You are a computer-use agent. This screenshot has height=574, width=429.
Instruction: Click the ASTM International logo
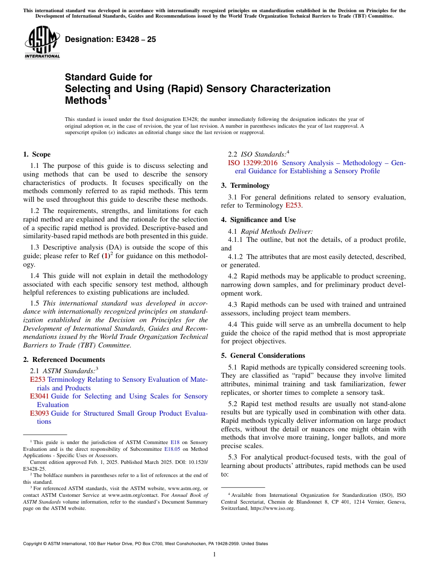[x=42, y=42]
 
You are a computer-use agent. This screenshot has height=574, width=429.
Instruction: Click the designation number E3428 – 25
[x=110, y=39]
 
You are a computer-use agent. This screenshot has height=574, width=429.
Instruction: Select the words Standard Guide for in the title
[x=108, y=77]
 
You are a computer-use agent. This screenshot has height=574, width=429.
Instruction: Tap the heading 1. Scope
[x=37, y=154]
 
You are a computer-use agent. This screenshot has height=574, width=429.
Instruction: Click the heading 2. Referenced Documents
[x=64, y=360]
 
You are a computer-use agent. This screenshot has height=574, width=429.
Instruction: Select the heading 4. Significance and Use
[x=258, y=220]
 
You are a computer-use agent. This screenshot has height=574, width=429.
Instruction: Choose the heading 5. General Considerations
[x=263, y=356]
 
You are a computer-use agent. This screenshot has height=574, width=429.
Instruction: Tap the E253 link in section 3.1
[x=293, y=205]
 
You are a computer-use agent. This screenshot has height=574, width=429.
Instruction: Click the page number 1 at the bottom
[x=214, y=555]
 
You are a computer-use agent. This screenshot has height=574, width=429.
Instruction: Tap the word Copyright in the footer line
[x=34, y=544]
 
